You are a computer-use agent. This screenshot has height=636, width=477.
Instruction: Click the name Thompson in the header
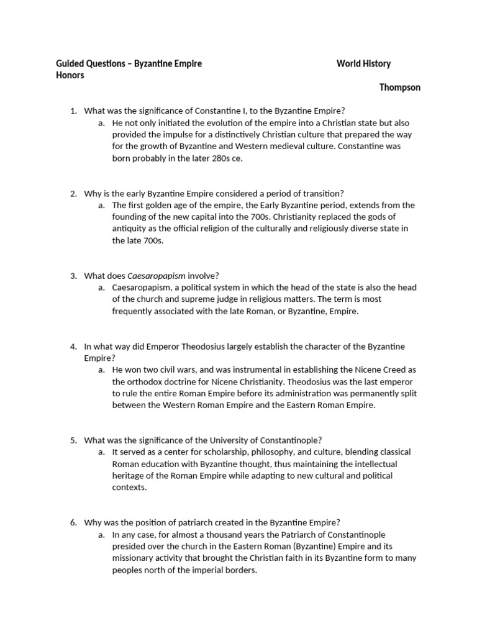click(399, 88)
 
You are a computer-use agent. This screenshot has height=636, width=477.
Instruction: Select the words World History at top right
click(363, 64)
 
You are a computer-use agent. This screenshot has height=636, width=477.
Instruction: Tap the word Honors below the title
click(70, 75)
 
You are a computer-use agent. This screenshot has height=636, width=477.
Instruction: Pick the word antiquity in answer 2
click(131, 229)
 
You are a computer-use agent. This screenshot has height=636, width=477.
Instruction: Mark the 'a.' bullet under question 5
click(101, 452)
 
